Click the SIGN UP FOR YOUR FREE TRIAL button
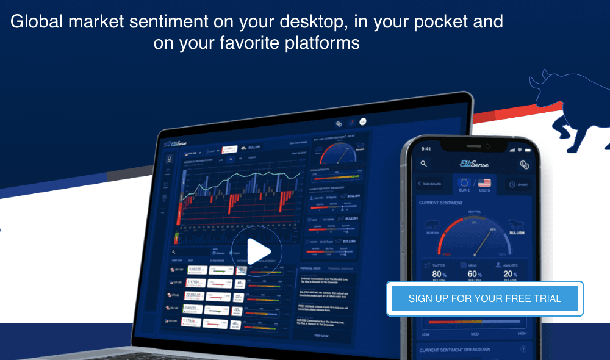tap(485, 299)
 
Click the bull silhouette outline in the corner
tap(570, 110)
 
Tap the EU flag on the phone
tap(465, 183)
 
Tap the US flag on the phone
tap(484, 183)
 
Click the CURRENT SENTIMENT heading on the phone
tap(440, 203)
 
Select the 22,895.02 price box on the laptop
tap(196, 296)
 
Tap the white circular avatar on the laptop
tap(363, 121)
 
